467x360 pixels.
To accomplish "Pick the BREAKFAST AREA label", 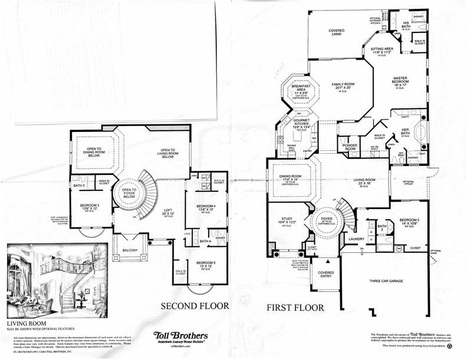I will pos(301,90).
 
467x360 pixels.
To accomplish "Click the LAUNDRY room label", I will pos(356,239).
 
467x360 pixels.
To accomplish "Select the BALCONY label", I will pos(129,251).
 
